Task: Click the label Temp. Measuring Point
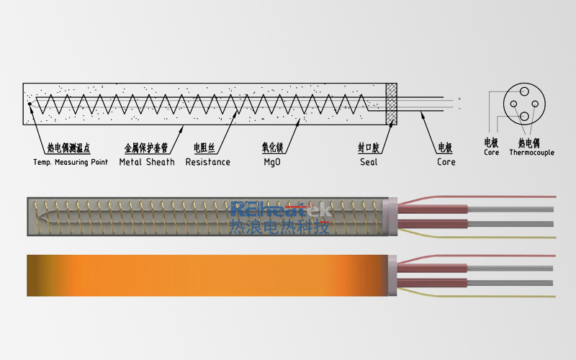(x=71, y=162)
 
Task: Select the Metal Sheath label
(x=147, y=162)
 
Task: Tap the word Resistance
(x=208, y=162)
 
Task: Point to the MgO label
(x=272, y=162)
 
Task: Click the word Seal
(x=369, y=162)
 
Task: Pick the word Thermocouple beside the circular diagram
(x=531, y=153)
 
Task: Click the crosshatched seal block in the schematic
(x=392, y=104)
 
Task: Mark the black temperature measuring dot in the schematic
(x=30, y=104)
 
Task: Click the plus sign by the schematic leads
(x=459, y=99)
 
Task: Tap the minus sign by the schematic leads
(x=459, y=109)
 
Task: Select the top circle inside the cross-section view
(x=524, y=91)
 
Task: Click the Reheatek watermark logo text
(x=280, y=210)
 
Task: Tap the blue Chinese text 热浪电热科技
(x=279, y=228)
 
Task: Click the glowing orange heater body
(x=207, y=276)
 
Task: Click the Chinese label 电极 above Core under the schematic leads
(x=445, y=148)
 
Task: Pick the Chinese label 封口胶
(x=369, y=148)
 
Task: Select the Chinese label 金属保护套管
(x=146, y=148)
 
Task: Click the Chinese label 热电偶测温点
(x=68, y=148)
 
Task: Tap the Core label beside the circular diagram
(x=491, y=153)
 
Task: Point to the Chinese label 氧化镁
(x=273, y=148)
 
